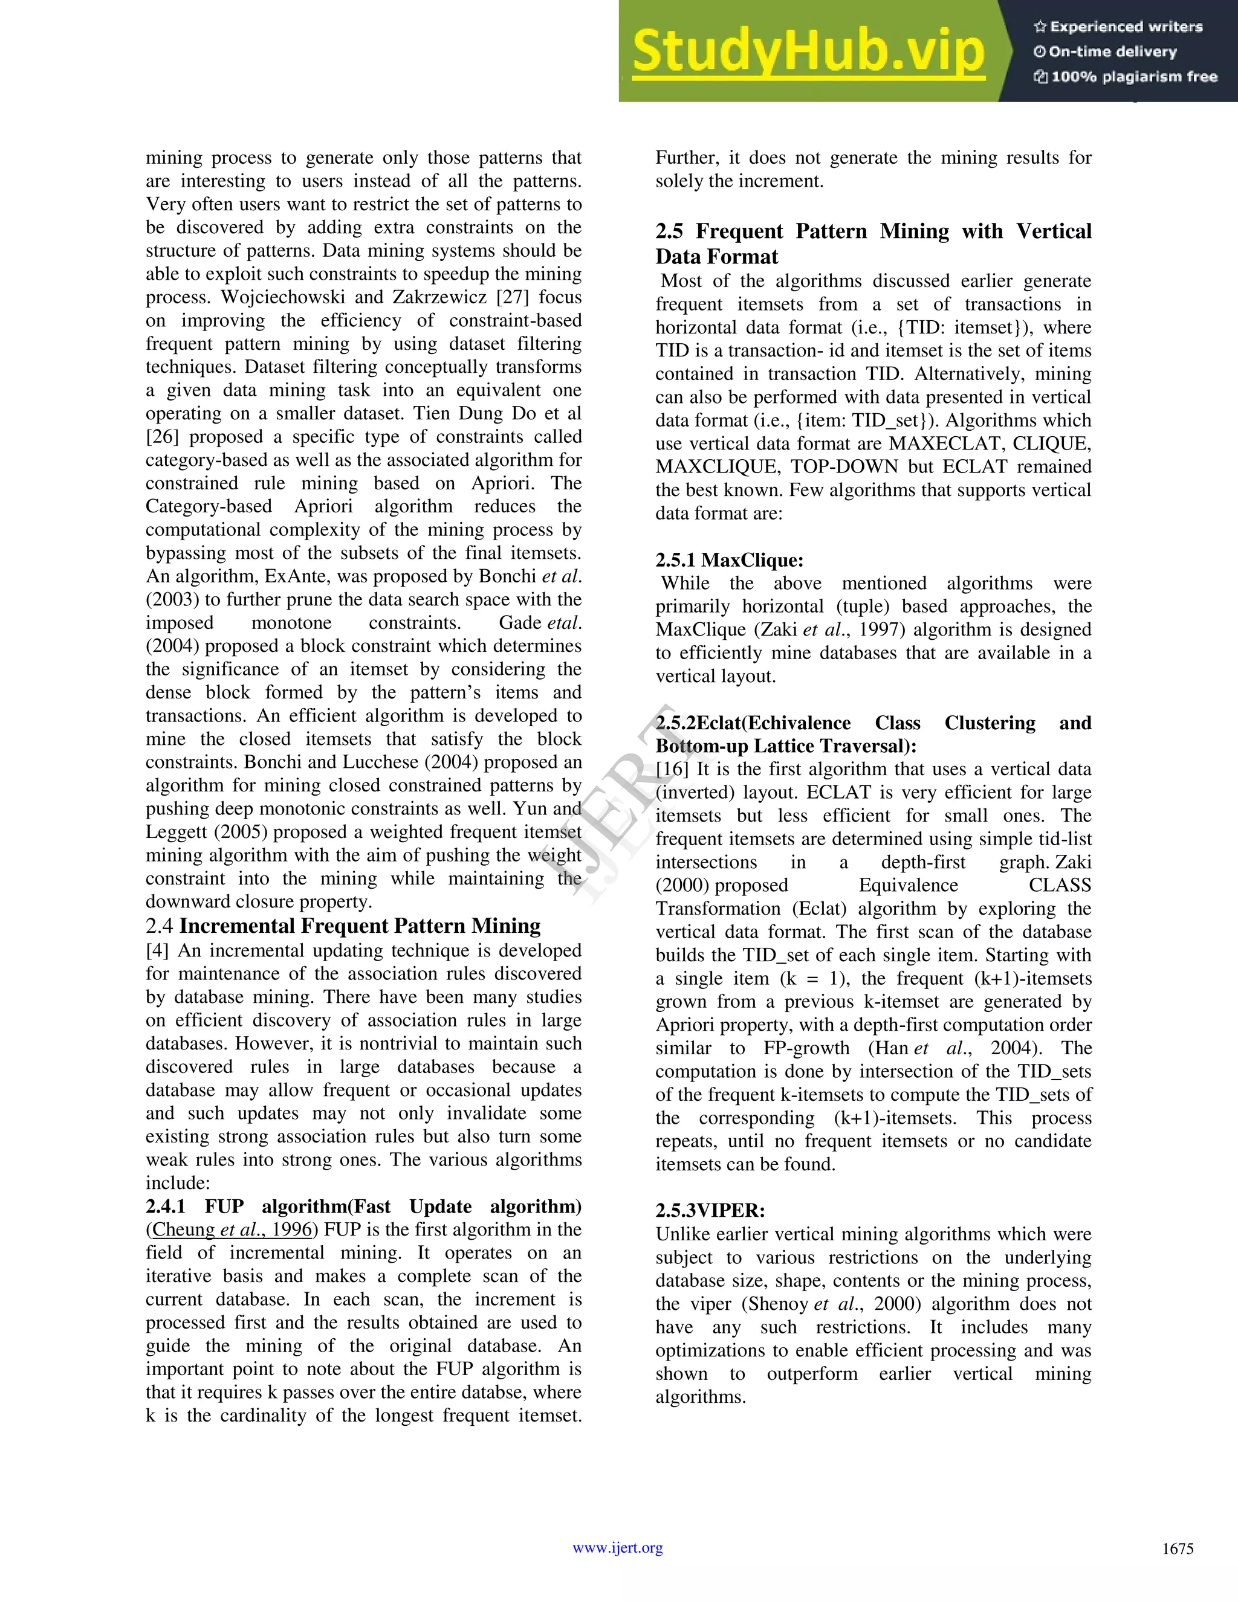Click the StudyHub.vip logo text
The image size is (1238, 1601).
(808, 51)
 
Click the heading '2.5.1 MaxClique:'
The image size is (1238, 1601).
(729, 560)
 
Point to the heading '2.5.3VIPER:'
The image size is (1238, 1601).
(710, 1211)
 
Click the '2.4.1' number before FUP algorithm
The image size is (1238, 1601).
(166, 1206)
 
